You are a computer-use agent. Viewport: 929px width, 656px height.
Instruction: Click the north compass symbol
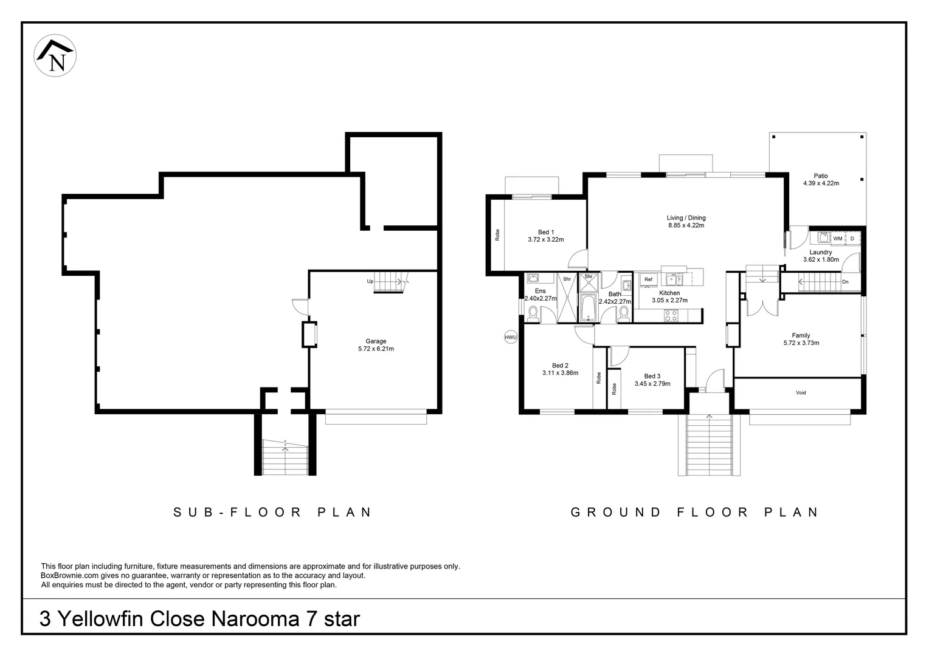[55, 55]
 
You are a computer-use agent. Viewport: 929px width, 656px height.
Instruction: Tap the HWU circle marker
[511, 337]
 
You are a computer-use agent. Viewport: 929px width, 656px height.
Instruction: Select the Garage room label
[376, 341]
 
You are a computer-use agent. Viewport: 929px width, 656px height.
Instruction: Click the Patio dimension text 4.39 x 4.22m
[821, 183]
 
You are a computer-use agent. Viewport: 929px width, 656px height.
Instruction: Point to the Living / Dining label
[686, 217]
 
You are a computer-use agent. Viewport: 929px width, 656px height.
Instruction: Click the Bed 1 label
[546, 232]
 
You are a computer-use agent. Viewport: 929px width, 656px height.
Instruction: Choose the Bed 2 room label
[560, 366]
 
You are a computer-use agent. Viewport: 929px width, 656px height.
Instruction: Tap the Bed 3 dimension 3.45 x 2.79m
[652, 384]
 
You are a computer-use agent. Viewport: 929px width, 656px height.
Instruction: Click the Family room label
[801, 335]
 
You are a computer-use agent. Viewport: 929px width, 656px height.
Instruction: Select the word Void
[801, 392]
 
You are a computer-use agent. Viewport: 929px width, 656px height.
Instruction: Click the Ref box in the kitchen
[648, 279]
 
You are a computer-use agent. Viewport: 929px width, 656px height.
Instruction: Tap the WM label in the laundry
[838, 239]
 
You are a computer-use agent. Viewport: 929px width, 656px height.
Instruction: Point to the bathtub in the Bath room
[588, 307]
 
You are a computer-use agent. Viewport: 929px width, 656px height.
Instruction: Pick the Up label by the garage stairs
[370, 281]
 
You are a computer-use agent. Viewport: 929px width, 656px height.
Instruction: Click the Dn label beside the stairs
[845, 282]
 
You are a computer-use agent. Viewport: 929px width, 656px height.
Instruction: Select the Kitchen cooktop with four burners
[671, 316]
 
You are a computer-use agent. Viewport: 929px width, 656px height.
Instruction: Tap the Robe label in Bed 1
[497, 235]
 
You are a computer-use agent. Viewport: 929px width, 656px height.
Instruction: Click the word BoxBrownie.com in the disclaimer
[70, 576]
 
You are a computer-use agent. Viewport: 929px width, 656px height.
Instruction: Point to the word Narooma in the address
[255, 619]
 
